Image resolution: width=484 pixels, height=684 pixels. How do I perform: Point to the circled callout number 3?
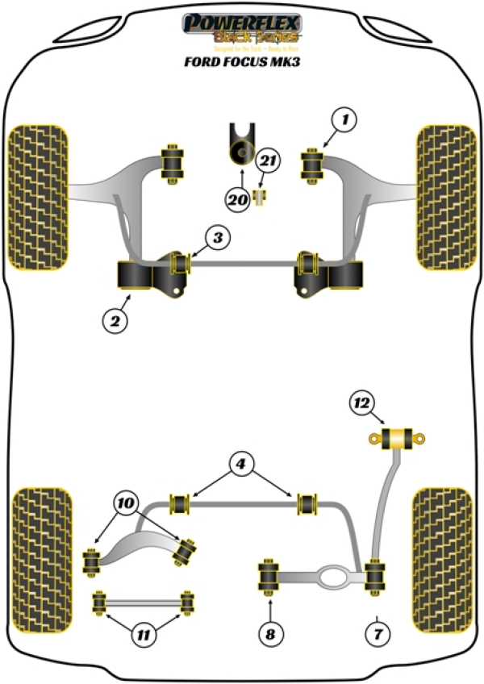click(x=216, y=237)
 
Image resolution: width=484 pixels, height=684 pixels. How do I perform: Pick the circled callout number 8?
click(x=270, y=634)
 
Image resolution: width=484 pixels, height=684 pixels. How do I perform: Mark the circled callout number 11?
click(x=143, y=635)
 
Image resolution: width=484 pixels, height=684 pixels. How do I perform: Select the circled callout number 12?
click(x=363, y=401)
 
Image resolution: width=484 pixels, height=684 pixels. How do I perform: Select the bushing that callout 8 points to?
click(x=269, y=577)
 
